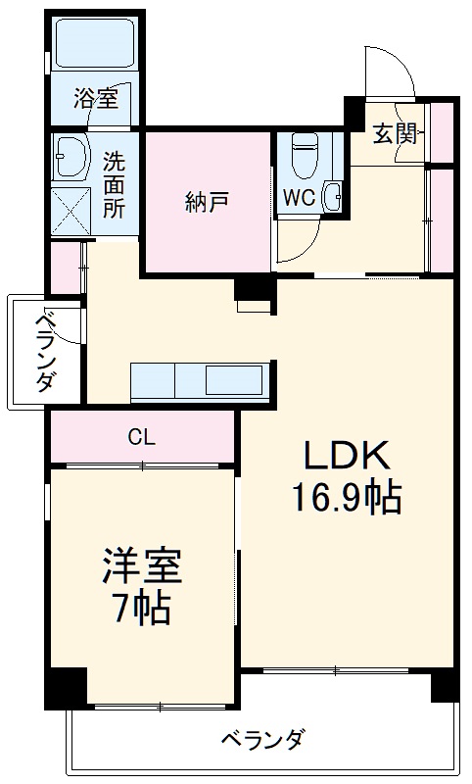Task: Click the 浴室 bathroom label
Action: [x=95, y=97]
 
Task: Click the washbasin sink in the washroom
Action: [x=70, y=154]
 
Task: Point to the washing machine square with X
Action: [x=70, y=209]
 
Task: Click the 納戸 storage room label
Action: [x=207, y=203]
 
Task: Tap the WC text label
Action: [x=299, y=197]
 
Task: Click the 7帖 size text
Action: [x=142, y=610]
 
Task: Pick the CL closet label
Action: [x=141, y=437]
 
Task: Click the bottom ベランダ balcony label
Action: [x=261, y=740]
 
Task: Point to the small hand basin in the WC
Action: [x=332, y=195]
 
